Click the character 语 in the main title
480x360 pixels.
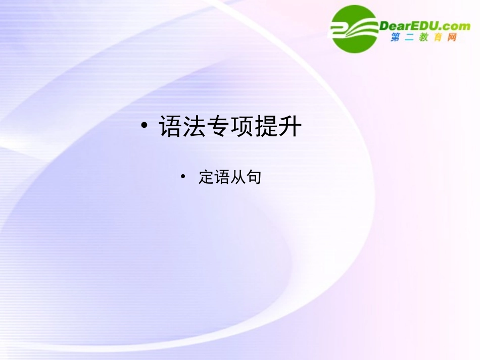[171, 127]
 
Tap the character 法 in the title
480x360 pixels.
[195, 127]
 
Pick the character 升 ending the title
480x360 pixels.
[290, 127]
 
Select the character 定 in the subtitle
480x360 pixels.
[206, 177]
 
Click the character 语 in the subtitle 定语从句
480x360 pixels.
[222, 177]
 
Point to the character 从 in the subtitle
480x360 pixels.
[237, 177]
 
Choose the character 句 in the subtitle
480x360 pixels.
[253, 177]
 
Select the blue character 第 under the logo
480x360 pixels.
[396, 37]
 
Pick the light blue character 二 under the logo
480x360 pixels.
[410, 37]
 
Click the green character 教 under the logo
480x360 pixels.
[424, 37]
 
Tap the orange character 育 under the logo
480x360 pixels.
[438, 37]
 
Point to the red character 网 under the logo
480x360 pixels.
[452, 37]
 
